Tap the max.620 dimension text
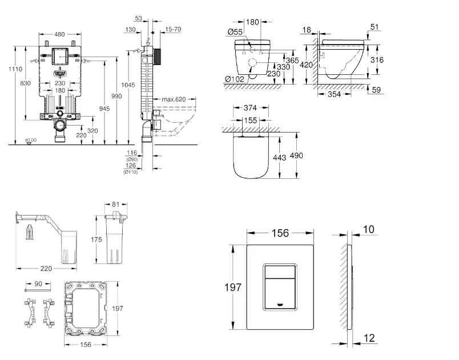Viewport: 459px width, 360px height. click(x=173, y=99)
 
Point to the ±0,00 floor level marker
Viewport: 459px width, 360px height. click(x=30, y=139)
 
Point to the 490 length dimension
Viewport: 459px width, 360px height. click(x=297, y=155)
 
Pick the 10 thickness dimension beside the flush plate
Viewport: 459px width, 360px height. click(x=368, y=229)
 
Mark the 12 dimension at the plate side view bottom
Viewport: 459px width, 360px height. click(x=369, y=339)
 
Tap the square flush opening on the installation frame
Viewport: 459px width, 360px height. click(x=59, y=58)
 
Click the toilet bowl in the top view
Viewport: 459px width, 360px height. click(x=252, y=157)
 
